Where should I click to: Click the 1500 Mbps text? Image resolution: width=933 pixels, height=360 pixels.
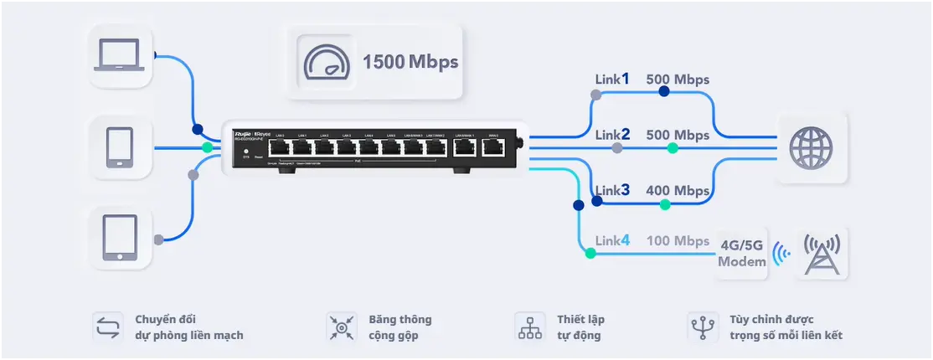point(410,62)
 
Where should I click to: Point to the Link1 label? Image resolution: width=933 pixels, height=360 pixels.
point(612,80)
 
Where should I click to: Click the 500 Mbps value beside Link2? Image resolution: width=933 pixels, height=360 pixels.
point(678,135)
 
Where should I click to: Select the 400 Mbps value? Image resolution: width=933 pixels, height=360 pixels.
point(678,191)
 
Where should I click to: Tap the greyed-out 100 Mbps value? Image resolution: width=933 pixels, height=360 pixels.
point(678,241)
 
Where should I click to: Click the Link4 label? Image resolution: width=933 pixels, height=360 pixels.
point(612,241)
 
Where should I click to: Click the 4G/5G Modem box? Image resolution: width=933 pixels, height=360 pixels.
point(742,254)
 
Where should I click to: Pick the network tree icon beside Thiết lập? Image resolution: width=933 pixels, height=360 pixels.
point(530,327)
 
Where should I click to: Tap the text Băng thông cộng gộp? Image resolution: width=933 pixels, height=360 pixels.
point(400,327)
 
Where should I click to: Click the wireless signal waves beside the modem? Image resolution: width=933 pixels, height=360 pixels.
point(781,254)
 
